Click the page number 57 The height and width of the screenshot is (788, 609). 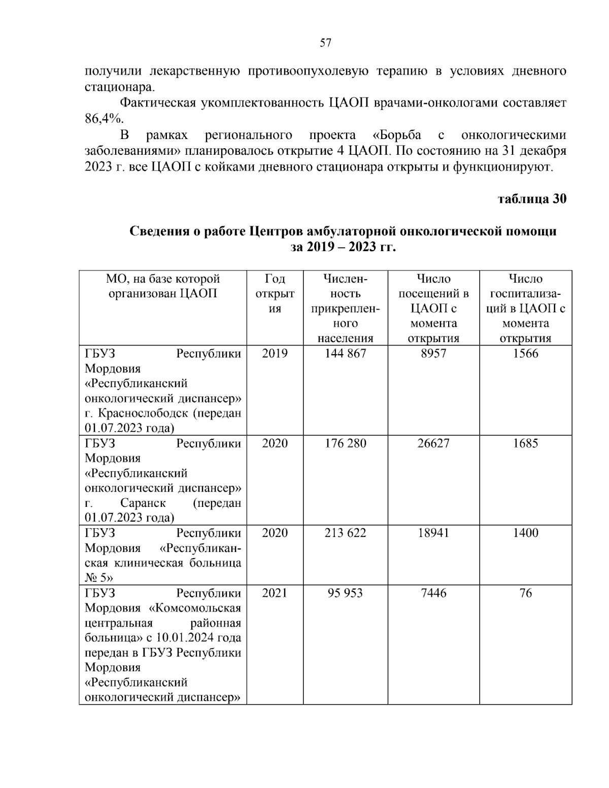tap(325, 43)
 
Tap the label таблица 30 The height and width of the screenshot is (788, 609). tap(532, 199)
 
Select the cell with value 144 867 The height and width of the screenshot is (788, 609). tap(345, 354)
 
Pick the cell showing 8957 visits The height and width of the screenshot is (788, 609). tap(433, 354)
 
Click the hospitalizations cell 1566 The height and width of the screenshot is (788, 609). tap(525, 354)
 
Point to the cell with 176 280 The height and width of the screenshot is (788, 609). tap(345, 443)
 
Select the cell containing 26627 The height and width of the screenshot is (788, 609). tap(433, 443)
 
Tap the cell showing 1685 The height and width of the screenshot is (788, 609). tap(525, 443)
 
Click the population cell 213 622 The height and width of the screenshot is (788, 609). tap(345, 533)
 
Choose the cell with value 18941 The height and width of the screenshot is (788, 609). tap(433, 533)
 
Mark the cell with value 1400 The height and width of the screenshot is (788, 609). tap(525, 533)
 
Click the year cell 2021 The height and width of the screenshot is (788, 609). tap(275, 593)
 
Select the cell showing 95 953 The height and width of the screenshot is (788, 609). tap(345, 593)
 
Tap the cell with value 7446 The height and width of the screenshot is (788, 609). tap(433, 593)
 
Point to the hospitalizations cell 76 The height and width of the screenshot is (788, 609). tap(525, 593)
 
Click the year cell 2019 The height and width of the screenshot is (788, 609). tap(275, 354)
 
